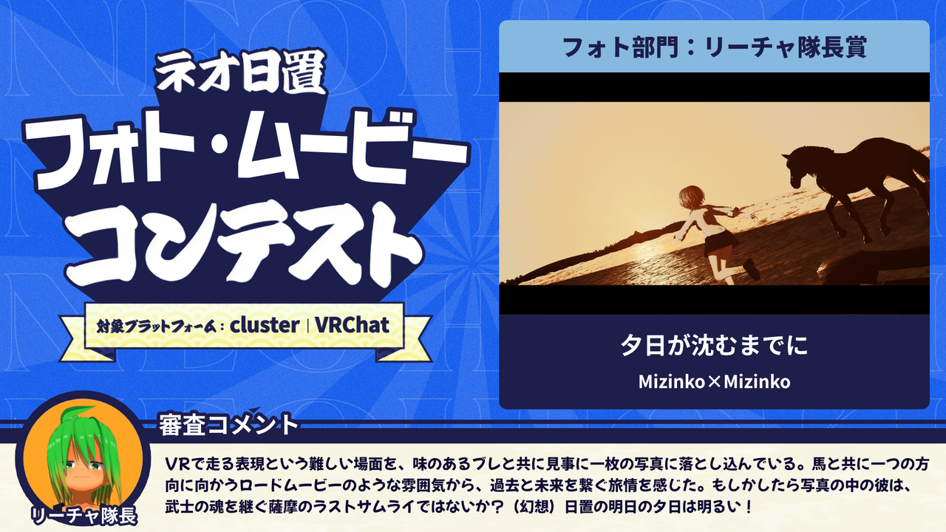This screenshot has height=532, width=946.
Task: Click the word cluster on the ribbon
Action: tap(265, 326)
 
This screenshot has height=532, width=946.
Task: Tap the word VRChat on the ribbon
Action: tap(352, 325)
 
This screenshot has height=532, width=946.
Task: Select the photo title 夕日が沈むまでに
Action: tap(714, 345)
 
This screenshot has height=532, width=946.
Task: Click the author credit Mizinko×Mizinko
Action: tap(714, 382)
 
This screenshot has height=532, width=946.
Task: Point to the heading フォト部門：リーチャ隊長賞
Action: tap(714, 47)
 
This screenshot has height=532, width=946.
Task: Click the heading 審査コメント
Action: tap(228, 425)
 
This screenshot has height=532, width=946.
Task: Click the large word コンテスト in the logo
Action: tap(244, 246)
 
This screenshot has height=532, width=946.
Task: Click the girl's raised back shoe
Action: tap(752, 269)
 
